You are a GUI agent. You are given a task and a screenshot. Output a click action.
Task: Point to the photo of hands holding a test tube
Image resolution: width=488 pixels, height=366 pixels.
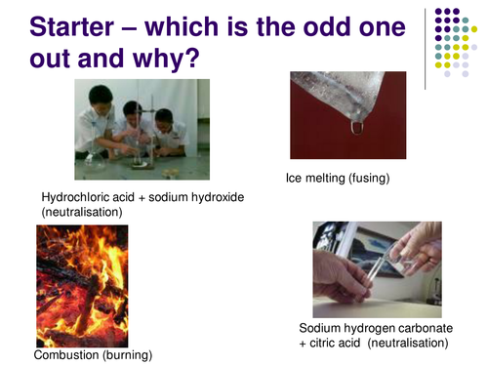(376, 267)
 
